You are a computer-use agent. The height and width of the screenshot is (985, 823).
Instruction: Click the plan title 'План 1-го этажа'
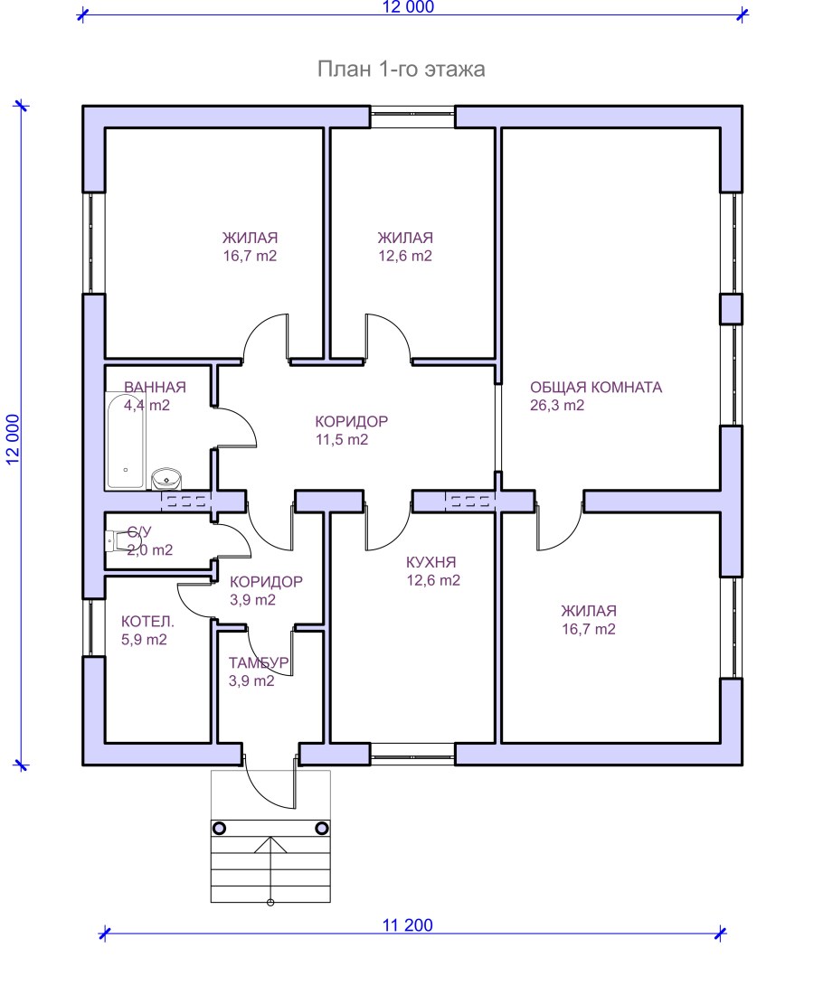pyautogui.click(x=402, y=69)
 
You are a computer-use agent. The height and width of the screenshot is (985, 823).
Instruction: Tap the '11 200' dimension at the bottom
pyautogui.click(x=407, y=925)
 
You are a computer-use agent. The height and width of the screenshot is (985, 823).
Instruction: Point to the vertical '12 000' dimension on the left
pyautogui.click(x=14, y=439)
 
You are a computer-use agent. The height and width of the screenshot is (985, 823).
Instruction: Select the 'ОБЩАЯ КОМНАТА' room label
pyautogui.click(x=596, y=387)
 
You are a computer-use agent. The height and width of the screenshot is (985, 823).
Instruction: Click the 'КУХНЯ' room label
pyautogui.click(x=431, y=562)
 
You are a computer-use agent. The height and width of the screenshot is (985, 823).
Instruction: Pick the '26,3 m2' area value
pyautogui.click(x=557, y=405)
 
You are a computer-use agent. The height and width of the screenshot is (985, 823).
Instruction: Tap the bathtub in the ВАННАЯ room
pyautogui.click(x=125, y=440)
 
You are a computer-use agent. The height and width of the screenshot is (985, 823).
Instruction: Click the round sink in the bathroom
pyautogui.click(x=166, y=479)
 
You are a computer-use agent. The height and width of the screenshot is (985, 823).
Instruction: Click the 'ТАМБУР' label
pyautogui.click(x=259, y=662)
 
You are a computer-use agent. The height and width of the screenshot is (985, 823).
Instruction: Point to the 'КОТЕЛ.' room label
pyautogui.click(x=147, y=622)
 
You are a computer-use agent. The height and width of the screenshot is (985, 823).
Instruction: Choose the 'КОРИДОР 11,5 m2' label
pyautogui.click(x=351, y=430)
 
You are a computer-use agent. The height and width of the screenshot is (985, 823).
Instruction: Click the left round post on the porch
pyautogui.click(x=220, y=828)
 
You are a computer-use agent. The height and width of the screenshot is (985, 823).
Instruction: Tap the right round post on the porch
pyautogui.click(x=321, y=828)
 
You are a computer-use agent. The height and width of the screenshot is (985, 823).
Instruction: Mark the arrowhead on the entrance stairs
pyautogui.click(x=270, y=844)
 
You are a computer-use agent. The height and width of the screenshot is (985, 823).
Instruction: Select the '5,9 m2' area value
pyautogui.click(x=144, y=640)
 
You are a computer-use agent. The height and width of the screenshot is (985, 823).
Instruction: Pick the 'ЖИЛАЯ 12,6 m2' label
pyautogui.click(x=405, y=247)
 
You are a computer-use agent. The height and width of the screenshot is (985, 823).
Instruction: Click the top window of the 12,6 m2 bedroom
pyautogui.click(x=411, y=117)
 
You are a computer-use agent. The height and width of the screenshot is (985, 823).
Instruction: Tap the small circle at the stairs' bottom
pyautogui.click(x=270, y=903)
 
